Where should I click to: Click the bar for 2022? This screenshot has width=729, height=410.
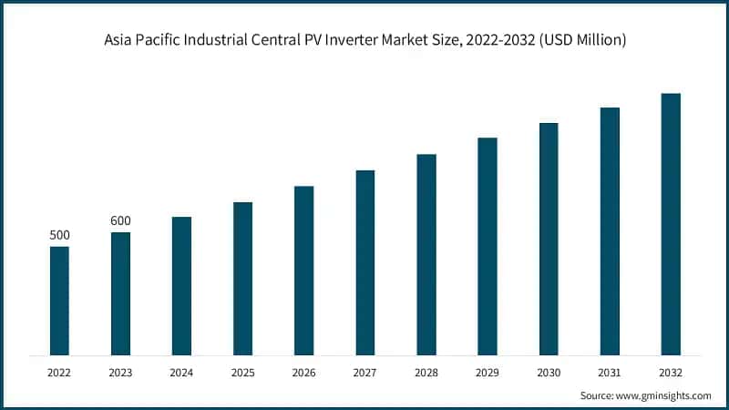pyautogui.click(x=59, y=301)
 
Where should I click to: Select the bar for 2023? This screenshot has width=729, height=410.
pyautogui.click(x=120, y=293)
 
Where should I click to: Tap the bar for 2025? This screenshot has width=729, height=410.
pyautogui.click(x=242, y=278)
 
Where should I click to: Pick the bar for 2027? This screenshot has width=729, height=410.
pyautogui.click(x=365, y=262)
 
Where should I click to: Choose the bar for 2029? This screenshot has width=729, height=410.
pyautogui.click(x=488, y=246)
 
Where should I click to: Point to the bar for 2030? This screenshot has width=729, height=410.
pyautogui.click(x=549, y=239)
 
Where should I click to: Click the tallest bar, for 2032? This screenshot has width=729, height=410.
pyautogui.click(x=671, y=224)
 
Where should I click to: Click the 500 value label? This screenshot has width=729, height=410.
pyautogui.click(x=59, y=236)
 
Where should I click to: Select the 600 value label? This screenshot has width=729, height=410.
pyautogui.click(x=120, y=221)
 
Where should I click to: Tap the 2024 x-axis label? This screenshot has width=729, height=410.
pyautogui.click(x=181, y=372)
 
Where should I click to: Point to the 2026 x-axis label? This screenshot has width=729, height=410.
pyautogui.click(x=303, y=372)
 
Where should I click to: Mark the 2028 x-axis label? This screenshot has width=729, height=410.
pyautogui.click(x=426, y=372)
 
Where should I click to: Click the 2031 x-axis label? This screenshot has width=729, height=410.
pyautogui.click(x=610, y=372)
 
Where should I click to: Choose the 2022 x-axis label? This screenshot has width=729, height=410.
pyautogui.click(x=59, y=372)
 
